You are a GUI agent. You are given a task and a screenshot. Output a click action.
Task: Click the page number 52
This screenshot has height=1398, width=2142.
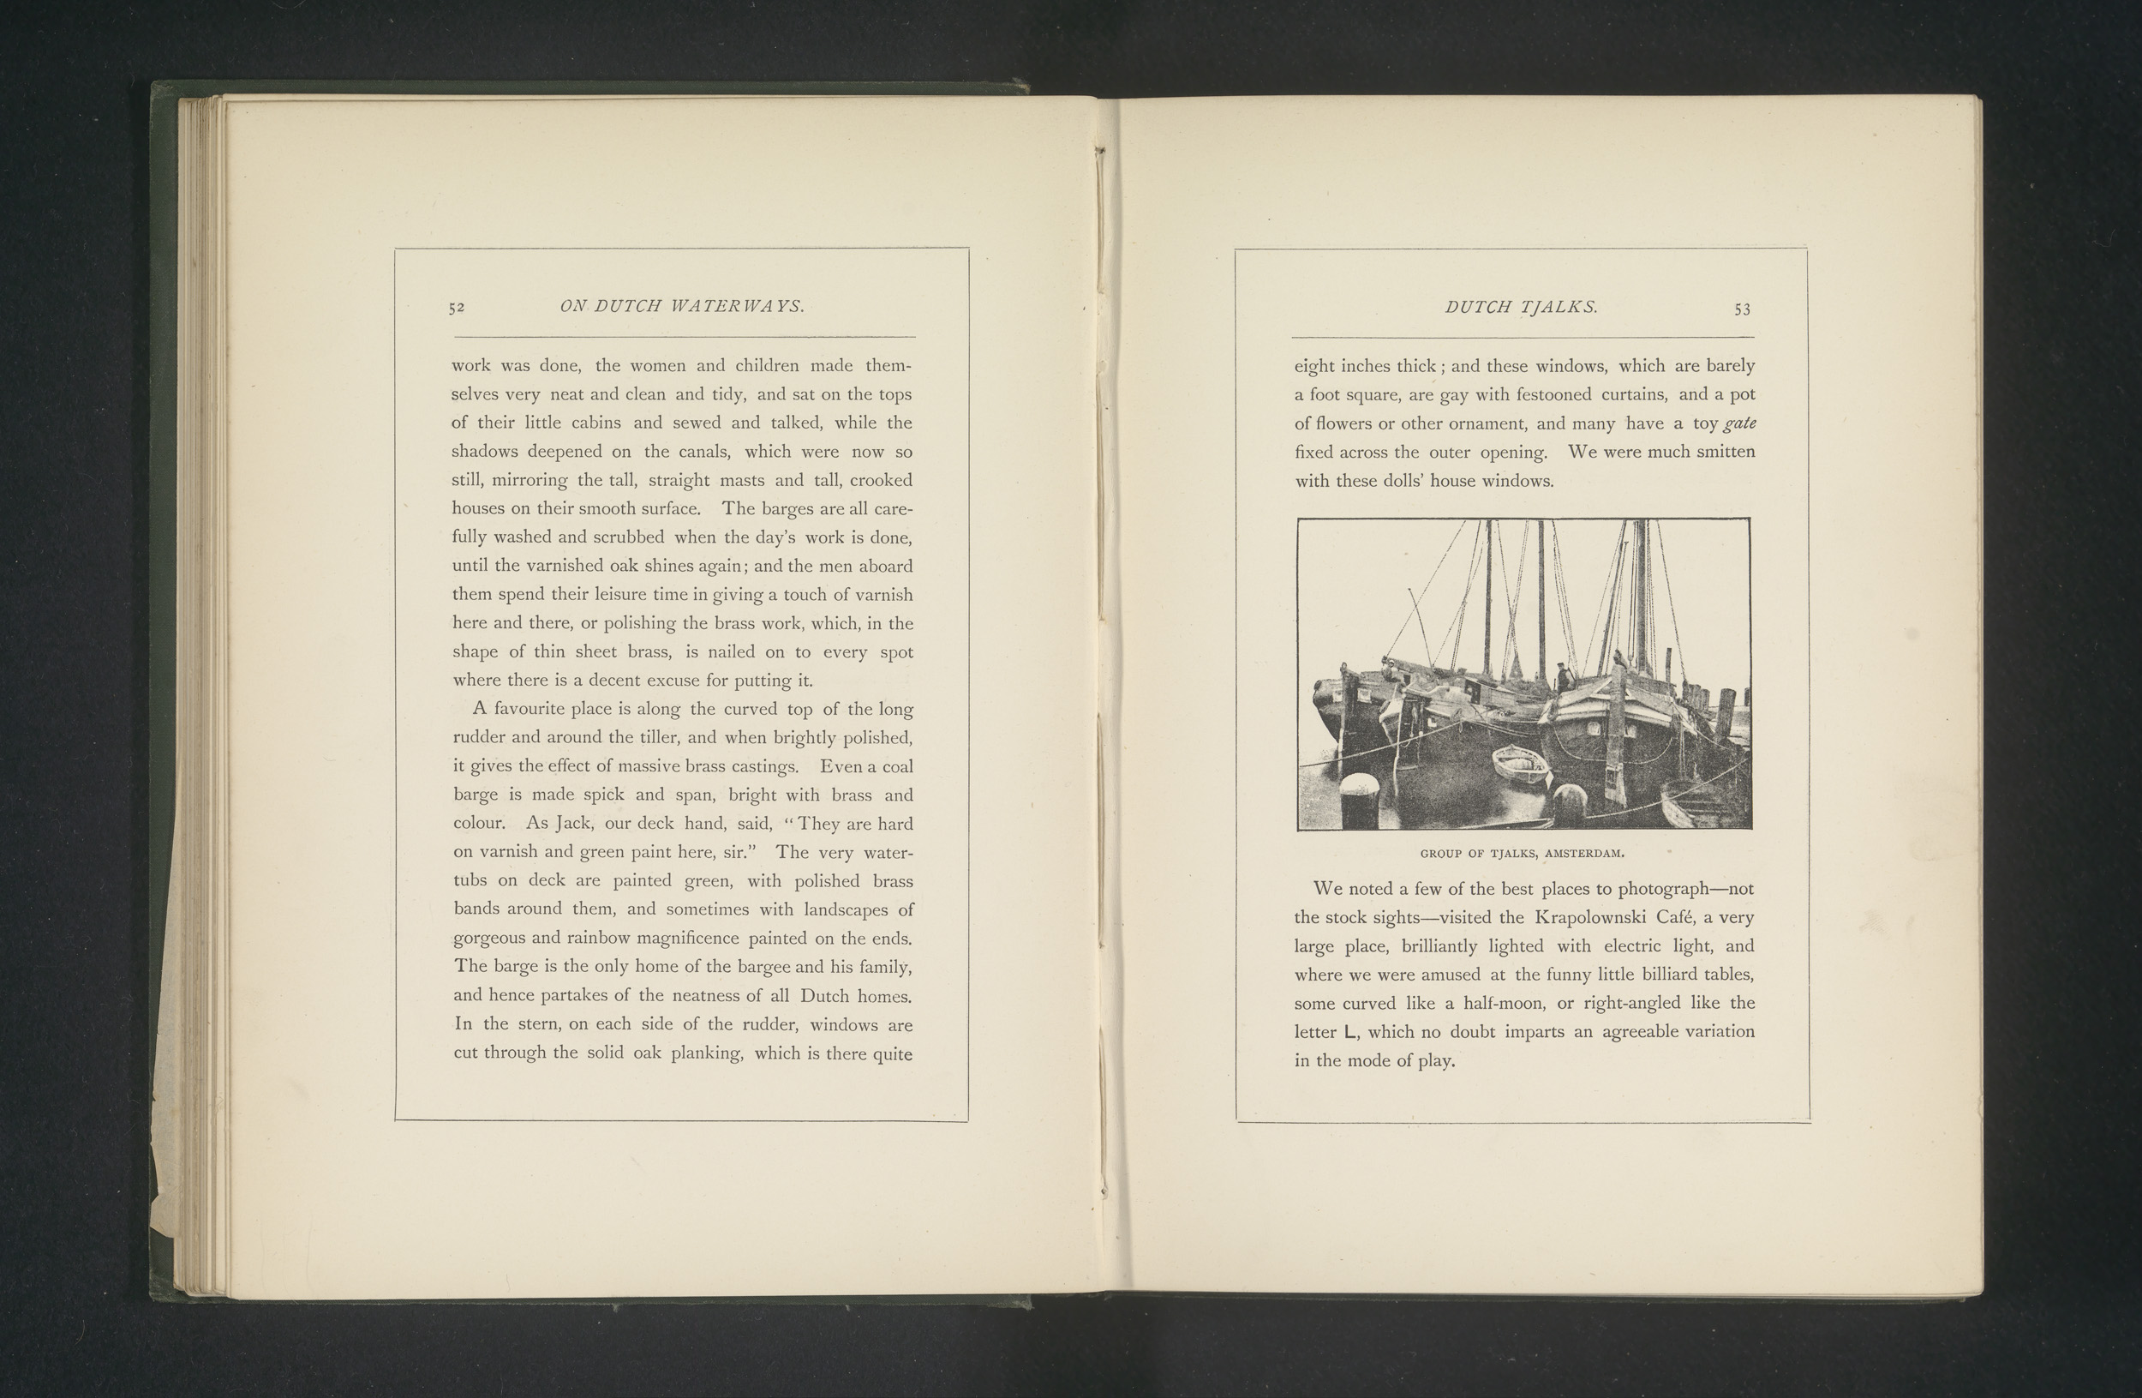pos(457,307)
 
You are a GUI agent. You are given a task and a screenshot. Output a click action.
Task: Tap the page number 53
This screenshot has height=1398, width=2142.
pos(1743,309)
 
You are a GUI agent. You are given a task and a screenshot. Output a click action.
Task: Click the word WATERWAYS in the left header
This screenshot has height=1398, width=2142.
pos(737,306)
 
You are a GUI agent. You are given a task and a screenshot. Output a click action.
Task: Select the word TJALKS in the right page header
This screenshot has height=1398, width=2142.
pos(1559,307)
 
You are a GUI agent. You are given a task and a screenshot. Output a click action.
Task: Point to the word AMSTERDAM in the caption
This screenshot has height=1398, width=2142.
pos(1583,853)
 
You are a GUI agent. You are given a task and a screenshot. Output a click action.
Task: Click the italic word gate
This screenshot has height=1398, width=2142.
pos(1738,423)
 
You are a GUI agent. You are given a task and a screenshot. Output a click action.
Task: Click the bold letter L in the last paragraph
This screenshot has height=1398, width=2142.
pos(1349,1032)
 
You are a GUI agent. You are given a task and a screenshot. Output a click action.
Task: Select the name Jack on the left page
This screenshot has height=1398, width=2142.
pos(573,823)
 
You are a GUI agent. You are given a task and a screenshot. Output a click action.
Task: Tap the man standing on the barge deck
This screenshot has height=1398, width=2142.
pos(1564,677)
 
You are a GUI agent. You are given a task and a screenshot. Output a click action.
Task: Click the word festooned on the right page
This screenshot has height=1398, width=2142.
pos(1553,393)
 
